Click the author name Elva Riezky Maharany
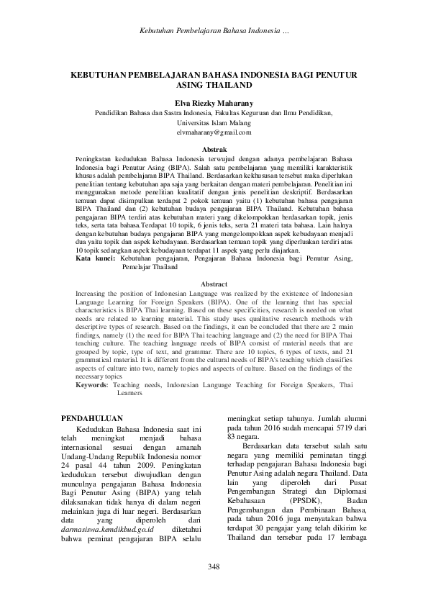[214, 103]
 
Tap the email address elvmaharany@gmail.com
[214, 132]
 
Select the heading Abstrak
[214, 148]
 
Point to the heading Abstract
[214, 284]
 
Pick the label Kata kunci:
[96, 256]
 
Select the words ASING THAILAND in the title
[214, 84]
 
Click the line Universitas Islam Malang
[214, 123]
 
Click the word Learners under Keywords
[129, 394]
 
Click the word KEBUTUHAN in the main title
[101, 74]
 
